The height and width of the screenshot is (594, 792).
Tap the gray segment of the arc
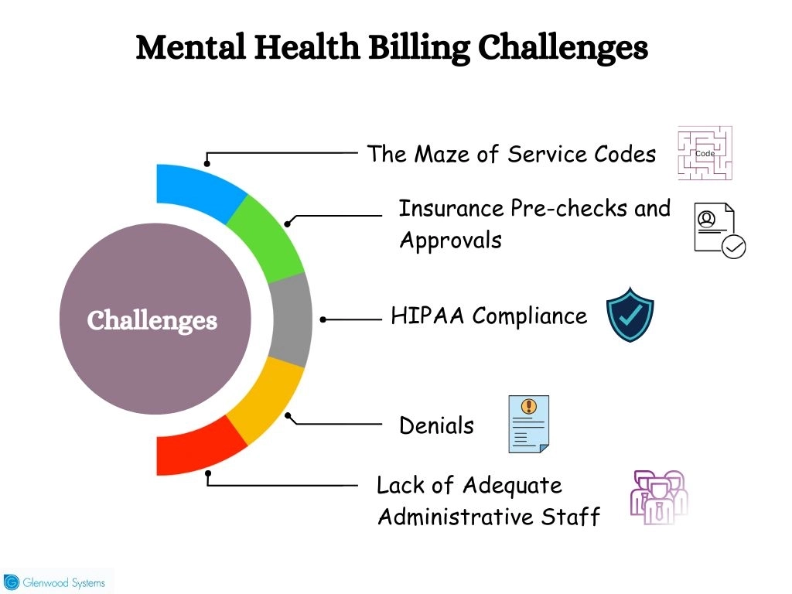click(292, 319)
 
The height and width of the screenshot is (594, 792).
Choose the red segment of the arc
click(198, 449)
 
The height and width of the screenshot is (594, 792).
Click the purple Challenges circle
click(155, 319)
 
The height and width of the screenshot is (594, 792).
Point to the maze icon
click(705, 153)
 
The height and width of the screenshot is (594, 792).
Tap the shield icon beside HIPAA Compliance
click(630, 315)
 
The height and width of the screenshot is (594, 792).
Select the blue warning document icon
click(529, 425)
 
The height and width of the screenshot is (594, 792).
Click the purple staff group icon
click(659, 497)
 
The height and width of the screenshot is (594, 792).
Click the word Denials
click(436, 425)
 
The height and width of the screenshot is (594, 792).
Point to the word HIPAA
click(427, 316)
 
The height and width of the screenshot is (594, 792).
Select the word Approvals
click(451, 241)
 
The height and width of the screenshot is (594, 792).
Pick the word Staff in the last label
click(570, 517)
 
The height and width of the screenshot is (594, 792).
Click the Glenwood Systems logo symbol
click(11, 582)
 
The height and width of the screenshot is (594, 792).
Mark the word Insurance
click(451, 208)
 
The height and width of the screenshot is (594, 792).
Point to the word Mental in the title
click(191, 47)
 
